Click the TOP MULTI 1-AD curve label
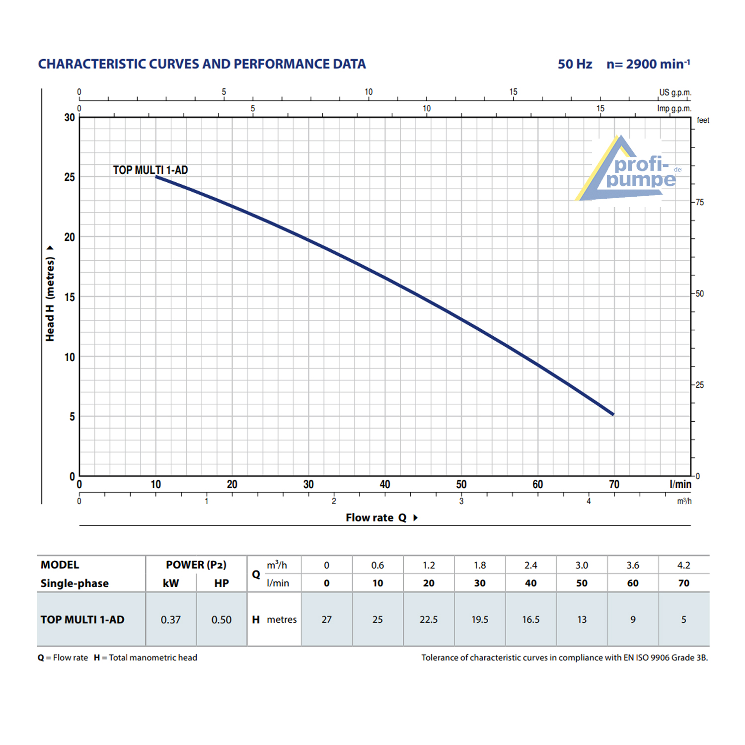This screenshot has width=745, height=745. click(150, 170)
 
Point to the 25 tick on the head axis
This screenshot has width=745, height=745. click(70, 177)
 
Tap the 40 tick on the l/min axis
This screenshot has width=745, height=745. click(384, 484)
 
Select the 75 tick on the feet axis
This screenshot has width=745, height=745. click(699, 202)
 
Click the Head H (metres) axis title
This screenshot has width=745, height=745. click(50, 298)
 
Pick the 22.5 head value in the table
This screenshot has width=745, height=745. click(428, 619)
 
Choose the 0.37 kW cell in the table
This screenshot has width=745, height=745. click(170, 619)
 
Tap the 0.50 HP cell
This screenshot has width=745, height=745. click(221, 619)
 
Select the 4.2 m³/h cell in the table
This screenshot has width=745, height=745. click(683, 565)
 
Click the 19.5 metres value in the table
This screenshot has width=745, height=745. click(479, 619)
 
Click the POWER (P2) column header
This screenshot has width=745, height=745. click(196, 565)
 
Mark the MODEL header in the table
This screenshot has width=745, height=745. click(60, 565)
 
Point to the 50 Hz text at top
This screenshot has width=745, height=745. click(575, 64)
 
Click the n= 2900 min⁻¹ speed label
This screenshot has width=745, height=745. click(648, 64)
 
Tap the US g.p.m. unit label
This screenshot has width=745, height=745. click(675, 92)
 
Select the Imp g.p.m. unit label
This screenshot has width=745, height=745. click(674, 108)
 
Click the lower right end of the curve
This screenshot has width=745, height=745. click(613, 414)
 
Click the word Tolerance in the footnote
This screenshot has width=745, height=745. click(440, 658)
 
